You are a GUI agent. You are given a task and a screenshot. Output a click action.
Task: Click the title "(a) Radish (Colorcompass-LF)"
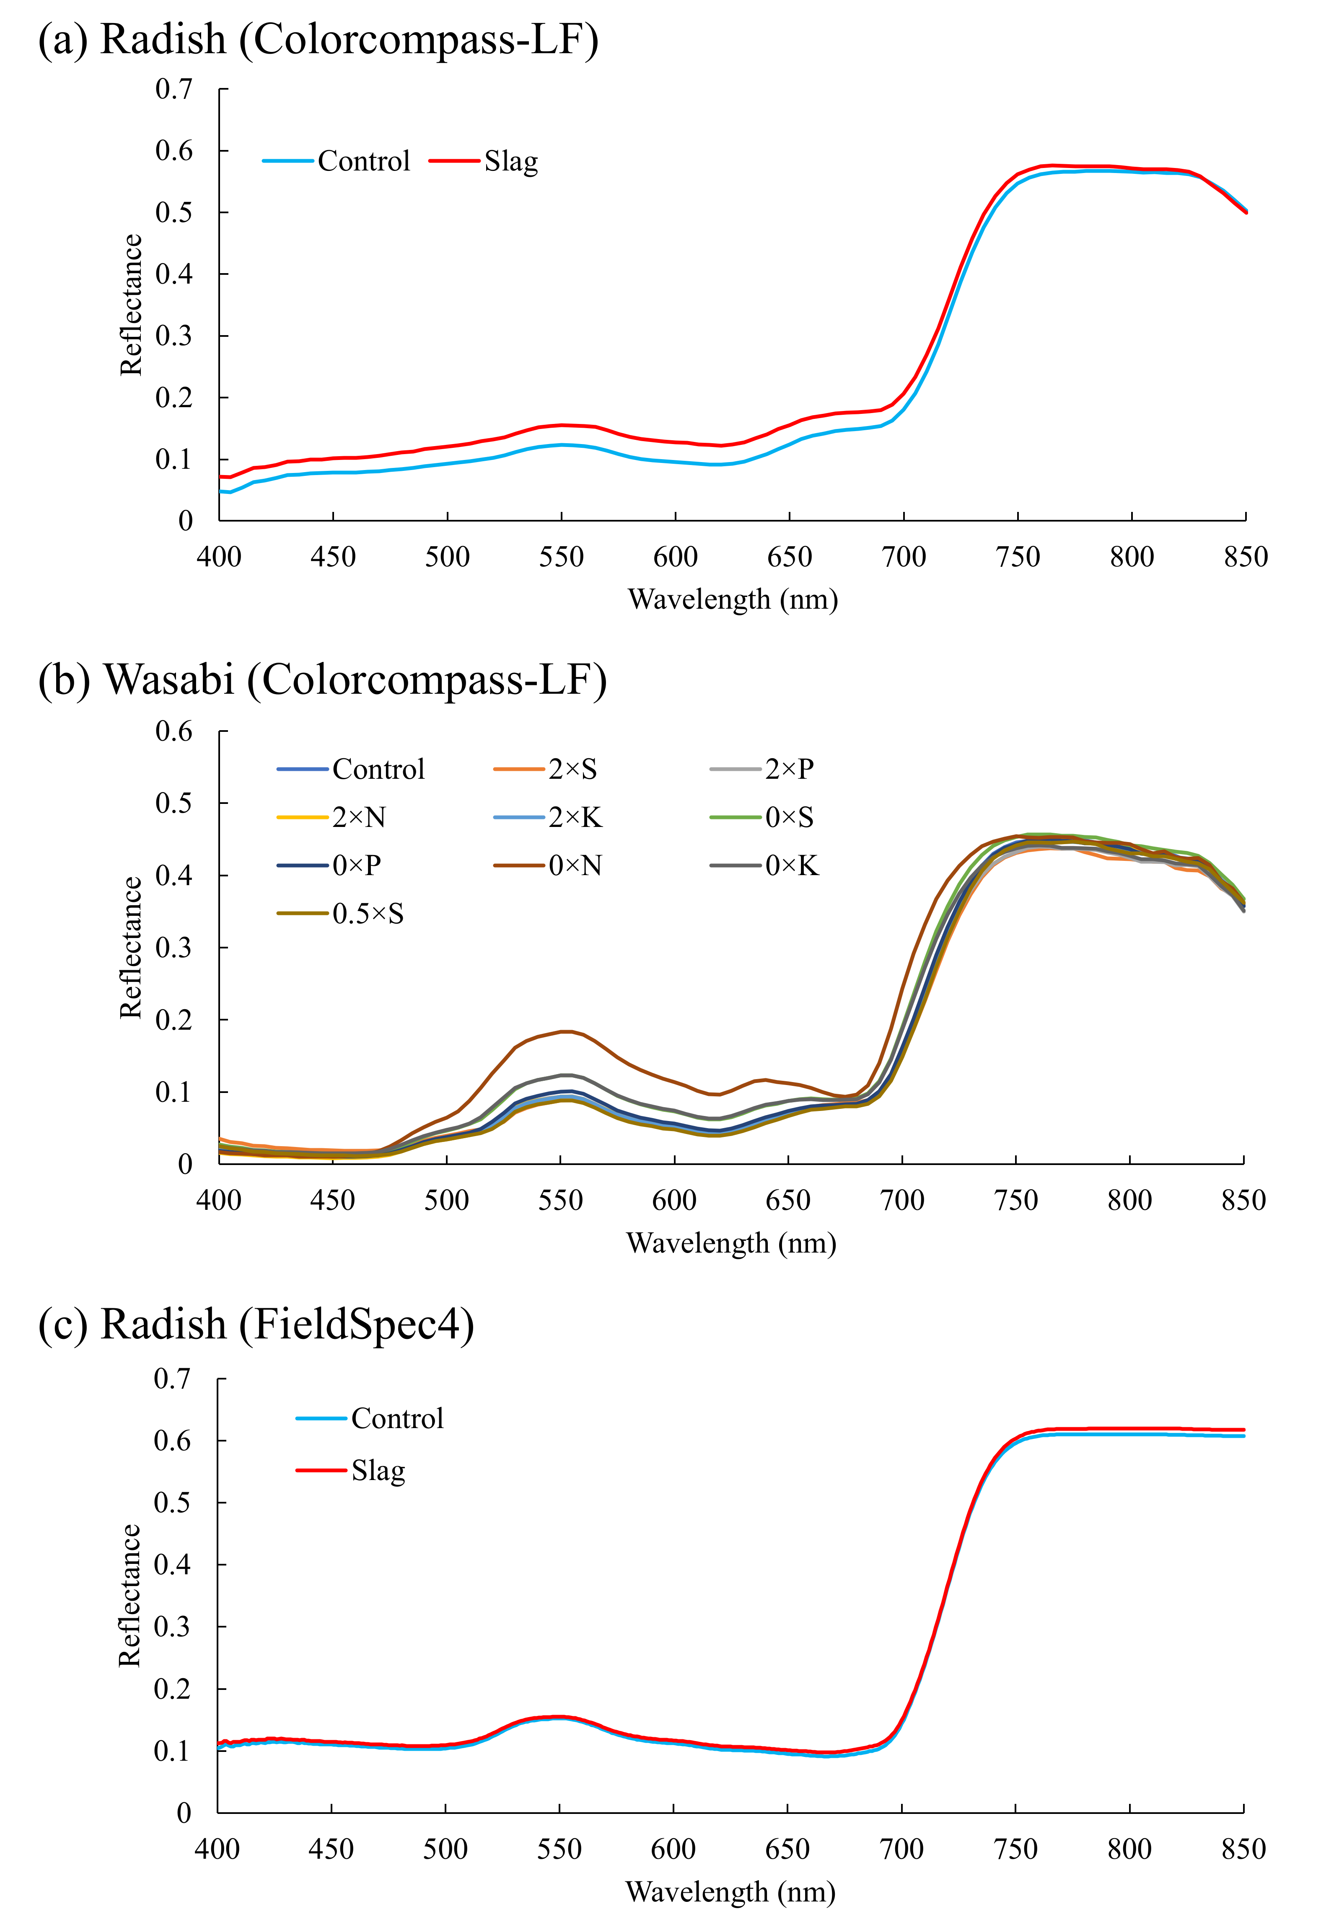319,40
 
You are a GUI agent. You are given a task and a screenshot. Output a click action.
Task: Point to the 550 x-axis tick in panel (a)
561,557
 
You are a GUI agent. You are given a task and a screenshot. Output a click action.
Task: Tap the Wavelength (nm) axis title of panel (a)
733,599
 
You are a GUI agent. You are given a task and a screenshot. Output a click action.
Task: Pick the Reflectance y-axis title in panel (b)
131,947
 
